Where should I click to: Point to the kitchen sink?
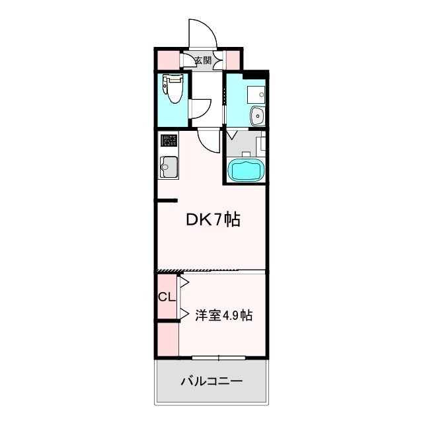pos(169,166)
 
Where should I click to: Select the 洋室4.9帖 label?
pos(223,315)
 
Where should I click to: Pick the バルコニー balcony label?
pos(211,381)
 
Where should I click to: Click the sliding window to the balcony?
pos(218,358)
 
